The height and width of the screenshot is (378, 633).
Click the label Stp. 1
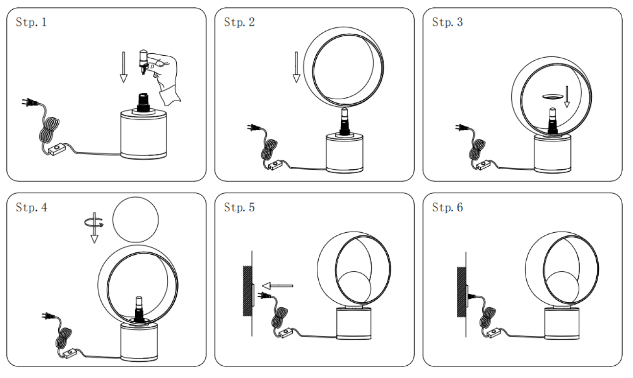click(31, 22)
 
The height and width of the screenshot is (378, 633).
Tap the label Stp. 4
click(31, 207)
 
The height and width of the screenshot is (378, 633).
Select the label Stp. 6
click(447, 207)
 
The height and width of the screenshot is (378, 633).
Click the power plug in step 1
click(30, 103)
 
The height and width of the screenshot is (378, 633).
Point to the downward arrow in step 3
click(567, 97)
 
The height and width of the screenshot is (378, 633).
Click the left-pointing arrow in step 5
click(277, 285)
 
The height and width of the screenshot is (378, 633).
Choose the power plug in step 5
click(264, 295)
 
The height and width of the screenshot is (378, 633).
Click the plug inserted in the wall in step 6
click(473, 295)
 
